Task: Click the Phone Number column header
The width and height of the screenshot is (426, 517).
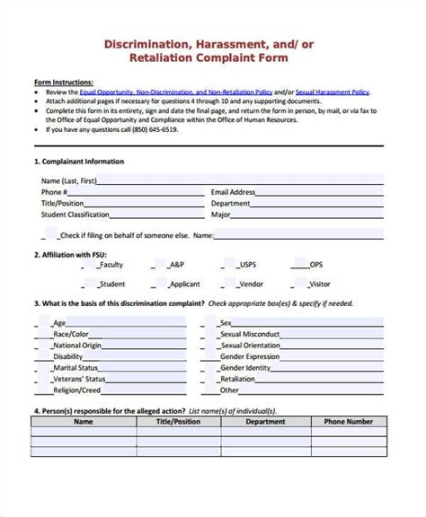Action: point(348,420)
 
